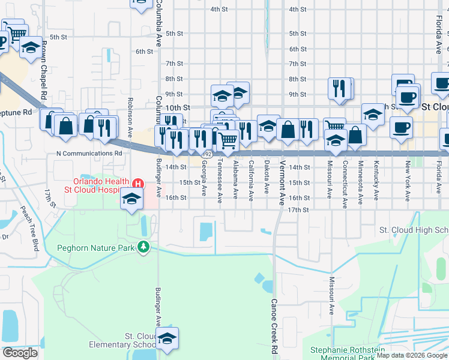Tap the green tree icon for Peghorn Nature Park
pyautogui.click(x=143, y=247)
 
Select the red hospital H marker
pyautogui.click(x=139, y=182)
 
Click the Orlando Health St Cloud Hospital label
pyautogui.click(x=101, y=186)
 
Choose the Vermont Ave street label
pyautogui.click(x=282, y=182)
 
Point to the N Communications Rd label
pyautogui.click(x=89, y=153)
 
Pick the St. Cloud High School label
pyautogui.click(x=414, y=230)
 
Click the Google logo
pyautogui.click(x=20, y=353)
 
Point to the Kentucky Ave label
pyautogui.click(x=376, y=179)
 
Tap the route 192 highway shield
pyautogui.click(x=207, y=154)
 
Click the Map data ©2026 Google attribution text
pyautogui.click(x=411, y=355)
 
